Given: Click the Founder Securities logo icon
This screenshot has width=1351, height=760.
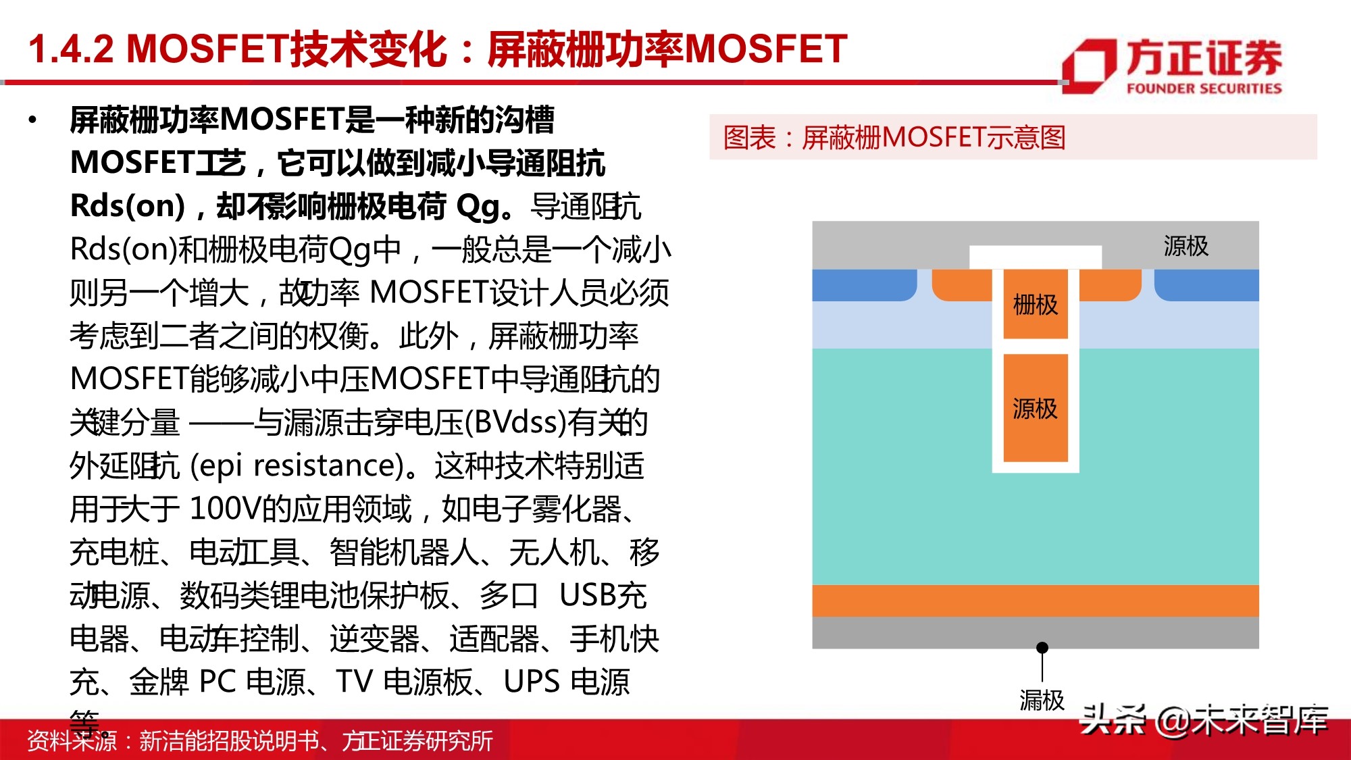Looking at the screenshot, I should tap(1089, 66).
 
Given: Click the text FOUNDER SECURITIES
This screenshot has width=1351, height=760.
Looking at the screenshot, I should tap(1204, 88).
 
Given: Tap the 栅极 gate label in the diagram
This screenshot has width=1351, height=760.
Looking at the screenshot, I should tap(1035, 305).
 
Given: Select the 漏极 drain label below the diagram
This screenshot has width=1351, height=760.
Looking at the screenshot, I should tap(1042, 700).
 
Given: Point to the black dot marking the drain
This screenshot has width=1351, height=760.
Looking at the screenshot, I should tap(1042, 647).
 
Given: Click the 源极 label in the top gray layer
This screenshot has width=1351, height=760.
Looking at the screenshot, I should tap(1186, 246).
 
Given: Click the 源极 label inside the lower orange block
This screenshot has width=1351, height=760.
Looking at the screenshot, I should tap(1035, 409).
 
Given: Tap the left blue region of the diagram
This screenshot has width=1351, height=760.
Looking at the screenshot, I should tap(863, 285).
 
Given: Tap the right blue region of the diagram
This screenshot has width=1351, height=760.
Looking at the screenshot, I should tap(1206, 285).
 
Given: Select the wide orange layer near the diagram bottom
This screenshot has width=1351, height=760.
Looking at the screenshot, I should tap(1035, 601).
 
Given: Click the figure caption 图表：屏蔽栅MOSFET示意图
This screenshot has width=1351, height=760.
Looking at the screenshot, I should tap(894, 137).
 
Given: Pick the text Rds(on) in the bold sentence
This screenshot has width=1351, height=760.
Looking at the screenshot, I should tap(127, 206).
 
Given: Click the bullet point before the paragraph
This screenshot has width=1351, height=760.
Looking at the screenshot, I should tap(32, 121).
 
